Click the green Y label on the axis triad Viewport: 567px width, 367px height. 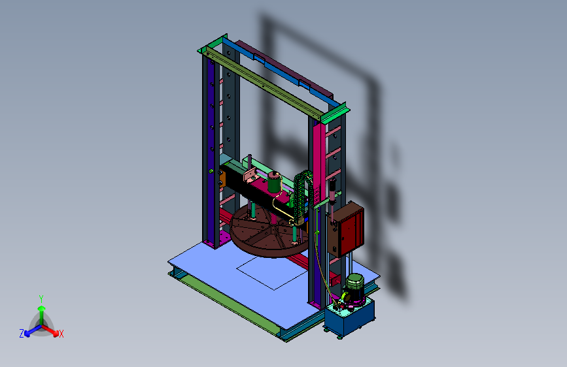click(41, 298)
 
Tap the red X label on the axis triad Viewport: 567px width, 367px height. click(61, 334)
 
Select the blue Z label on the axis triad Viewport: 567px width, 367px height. click(22, 334)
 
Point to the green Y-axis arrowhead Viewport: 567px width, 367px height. click(42, 308)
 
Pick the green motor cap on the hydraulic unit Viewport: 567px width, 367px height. click(355, 281)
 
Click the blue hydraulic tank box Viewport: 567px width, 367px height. click(349, 318)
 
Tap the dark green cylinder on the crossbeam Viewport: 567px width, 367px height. click(274, 182)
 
